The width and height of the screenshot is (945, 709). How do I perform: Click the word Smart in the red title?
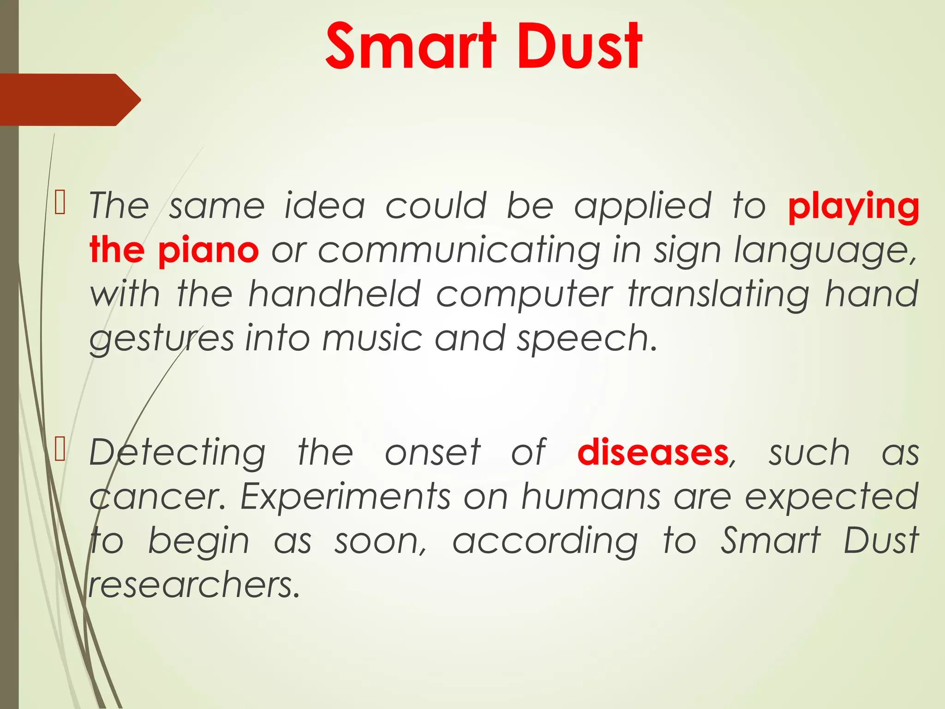pyautogui.click(x=411, y=46)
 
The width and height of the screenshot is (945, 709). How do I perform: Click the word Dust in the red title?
pyautogui.click(x=579, y=46)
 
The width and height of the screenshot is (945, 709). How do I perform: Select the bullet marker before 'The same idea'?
pyautogui.click(x=60, y=203)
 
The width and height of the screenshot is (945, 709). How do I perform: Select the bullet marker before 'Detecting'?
pyautogui.click(x=60, y=450)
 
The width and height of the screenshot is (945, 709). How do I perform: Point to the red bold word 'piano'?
pyautogui.click(x=208, y=251)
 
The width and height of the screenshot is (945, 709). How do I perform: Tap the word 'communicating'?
pyautogui.click(x=459, y=251)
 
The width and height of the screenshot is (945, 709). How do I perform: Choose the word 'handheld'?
pyautogui.click(x=335, y=294)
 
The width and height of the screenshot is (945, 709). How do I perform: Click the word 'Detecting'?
pyautogui.click(x=178, y=453)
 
